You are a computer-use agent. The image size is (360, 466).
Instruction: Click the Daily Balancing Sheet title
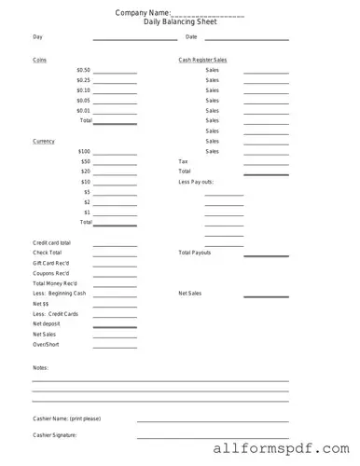coord(179,21)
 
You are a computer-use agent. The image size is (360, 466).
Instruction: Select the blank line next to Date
coord(245,39)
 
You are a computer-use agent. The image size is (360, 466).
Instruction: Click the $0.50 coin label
coord(84,70)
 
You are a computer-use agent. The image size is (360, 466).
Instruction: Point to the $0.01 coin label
coord(84,110)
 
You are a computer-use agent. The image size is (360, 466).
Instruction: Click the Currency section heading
coord(43,141)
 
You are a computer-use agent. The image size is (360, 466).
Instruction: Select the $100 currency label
coord(85,151)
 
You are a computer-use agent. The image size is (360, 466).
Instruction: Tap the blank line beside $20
coord(115,173)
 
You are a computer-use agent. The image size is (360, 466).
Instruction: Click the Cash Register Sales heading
coord(202,60)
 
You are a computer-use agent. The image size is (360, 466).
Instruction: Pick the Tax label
coord(183,161)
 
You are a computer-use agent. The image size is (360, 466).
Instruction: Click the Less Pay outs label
coord(196,182)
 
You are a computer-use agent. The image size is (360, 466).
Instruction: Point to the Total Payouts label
coord(195,253)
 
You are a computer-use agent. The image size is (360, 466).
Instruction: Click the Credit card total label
coord(51,243)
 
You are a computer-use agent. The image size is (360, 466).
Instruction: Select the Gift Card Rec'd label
coord(49,263)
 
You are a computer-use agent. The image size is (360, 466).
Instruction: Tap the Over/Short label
coord(46,344)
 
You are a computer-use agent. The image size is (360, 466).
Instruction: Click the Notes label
coord(40,368)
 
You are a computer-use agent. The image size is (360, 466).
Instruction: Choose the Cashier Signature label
coord(54,435)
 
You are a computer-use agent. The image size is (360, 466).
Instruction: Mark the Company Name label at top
coord(143,13)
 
